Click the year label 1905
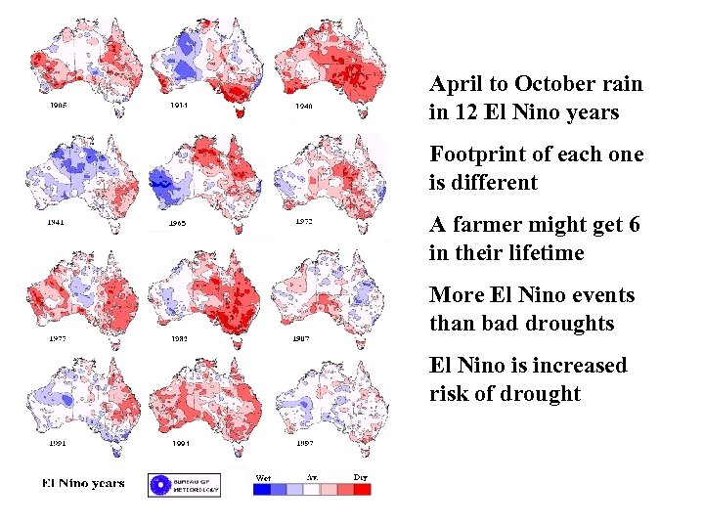(x=59, y=106)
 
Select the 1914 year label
(x=180, y=105)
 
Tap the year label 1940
(x=304, y=106)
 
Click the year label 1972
(x=304, y=222)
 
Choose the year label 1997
(x=304, y=444)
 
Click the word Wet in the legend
(x=262, y=477)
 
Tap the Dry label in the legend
(x=360, y=477)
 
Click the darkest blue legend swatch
(x=262, y=490)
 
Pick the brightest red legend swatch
(x=362, y=490)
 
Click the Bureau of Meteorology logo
(x=184, y=485)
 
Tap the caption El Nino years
(x=83, y=484)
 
